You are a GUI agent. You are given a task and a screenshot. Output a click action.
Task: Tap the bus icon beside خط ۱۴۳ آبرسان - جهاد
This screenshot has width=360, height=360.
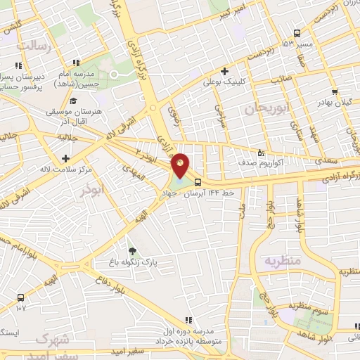pyautogui.click(x=197, y=180)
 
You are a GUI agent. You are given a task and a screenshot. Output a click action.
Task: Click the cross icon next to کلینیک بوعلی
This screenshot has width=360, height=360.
pyautogui.click(x=224, y=71)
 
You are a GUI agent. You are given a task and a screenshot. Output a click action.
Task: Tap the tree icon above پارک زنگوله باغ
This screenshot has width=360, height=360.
pyautogui.click(x=132, y=250)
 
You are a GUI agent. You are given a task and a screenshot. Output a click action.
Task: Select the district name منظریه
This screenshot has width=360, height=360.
pyautogui.click(x=282, y=259)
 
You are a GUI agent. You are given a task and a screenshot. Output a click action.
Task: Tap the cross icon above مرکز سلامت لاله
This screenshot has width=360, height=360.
pyautogui.click(x=65, y=158)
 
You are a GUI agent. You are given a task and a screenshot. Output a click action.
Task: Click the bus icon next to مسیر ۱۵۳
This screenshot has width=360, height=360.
pyautogui.click(x=297, y=33)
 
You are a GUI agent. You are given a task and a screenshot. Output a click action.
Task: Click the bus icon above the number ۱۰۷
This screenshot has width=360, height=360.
pyautogui.click(x=20, y=297)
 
